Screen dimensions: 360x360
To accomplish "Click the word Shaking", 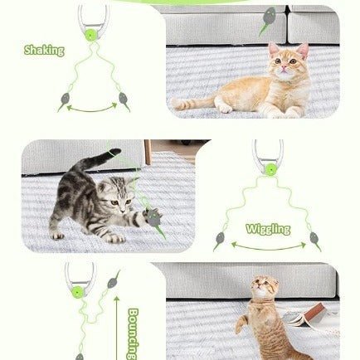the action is point(44,51).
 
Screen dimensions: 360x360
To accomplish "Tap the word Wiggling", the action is point(268,229).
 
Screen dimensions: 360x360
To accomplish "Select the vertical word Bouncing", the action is point(134,333).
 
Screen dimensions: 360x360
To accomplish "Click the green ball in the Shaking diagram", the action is point(90,35).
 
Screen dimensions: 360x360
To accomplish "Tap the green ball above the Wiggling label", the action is point(270,168).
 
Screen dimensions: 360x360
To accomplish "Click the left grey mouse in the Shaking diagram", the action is point(64,101).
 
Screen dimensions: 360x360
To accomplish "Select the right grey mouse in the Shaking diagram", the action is point(124,100).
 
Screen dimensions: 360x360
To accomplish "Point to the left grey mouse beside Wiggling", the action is point(219,240).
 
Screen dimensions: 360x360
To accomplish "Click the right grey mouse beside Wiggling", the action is point(314,241).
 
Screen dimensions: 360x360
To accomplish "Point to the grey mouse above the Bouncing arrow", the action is point(113,280).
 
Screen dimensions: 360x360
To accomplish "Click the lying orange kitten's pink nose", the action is point(284,68).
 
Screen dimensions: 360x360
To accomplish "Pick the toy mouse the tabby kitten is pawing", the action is point(153,218).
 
